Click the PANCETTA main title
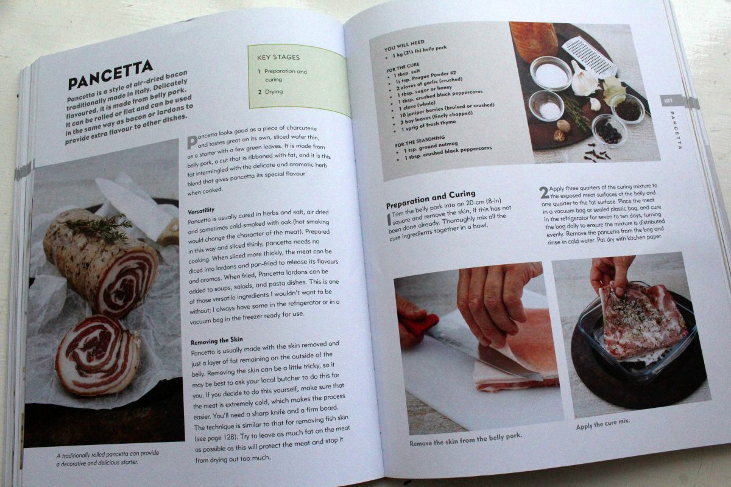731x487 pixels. click(x=110, y=75)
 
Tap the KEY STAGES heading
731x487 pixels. click(x=278, y=57)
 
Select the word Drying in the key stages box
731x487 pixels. click(x=274, y=92)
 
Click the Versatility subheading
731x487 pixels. click(x=201, y=211)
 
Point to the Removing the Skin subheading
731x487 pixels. click(x=217, y=340)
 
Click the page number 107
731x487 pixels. click(x=668, y=100)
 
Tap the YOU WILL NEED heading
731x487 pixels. click(x=404, y=46)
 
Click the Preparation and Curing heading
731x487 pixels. click(x=431, y=199)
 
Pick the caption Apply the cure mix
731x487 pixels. click(x=602, y=424)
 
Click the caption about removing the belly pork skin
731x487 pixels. click(x=465, y=440)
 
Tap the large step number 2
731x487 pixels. click(x=544, y=192)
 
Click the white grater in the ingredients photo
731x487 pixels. click(x=589, y=55)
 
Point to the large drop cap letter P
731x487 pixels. click(x=192, y=142)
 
